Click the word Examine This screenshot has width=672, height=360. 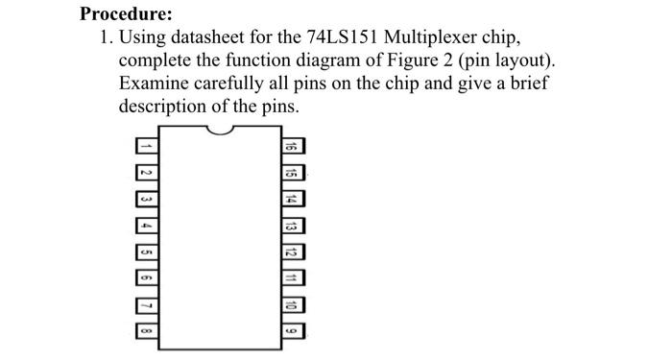(154, 84)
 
